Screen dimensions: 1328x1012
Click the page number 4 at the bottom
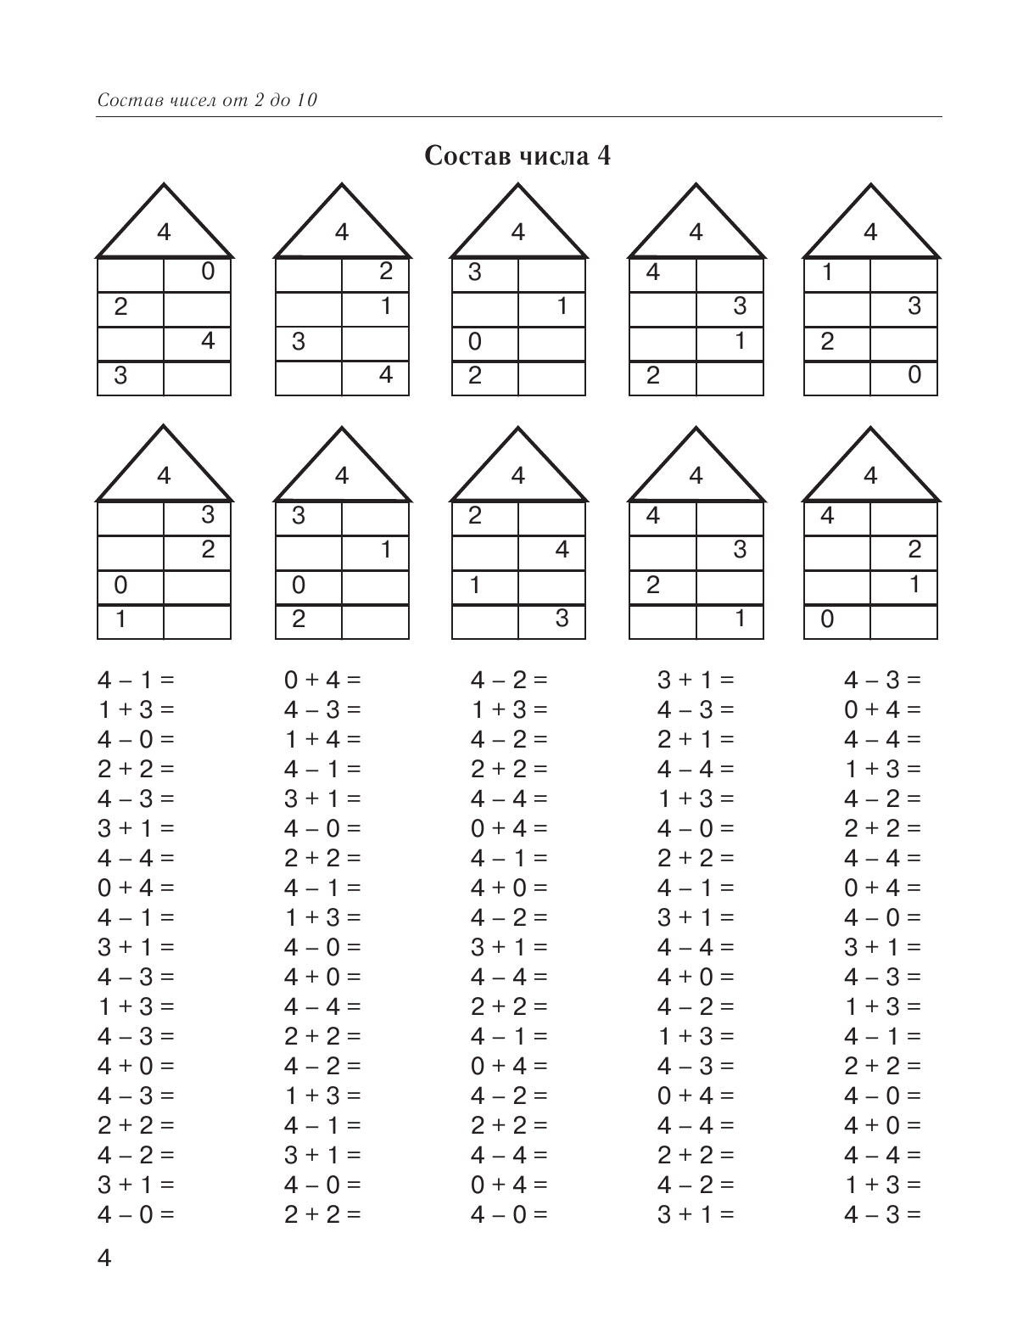105,1258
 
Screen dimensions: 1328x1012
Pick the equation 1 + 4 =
322,739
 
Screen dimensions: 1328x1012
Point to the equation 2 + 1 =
696,739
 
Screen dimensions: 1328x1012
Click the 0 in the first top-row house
208,272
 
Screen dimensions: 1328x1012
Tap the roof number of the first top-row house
164,233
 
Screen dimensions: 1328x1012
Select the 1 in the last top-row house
827,272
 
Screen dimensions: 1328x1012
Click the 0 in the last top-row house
914,375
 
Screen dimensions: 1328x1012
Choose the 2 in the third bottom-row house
475,516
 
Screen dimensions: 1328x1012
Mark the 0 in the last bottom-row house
827,619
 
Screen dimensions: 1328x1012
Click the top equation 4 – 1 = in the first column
136,680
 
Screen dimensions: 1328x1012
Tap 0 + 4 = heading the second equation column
322,680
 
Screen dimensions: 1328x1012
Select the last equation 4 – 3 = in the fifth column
882,1214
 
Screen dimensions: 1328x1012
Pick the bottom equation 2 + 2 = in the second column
322,1214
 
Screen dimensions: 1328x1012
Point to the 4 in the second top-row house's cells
386,375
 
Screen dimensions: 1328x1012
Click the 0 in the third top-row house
475,341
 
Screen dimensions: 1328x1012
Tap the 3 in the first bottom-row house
208,516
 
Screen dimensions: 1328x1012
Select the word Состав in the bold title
462,157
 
